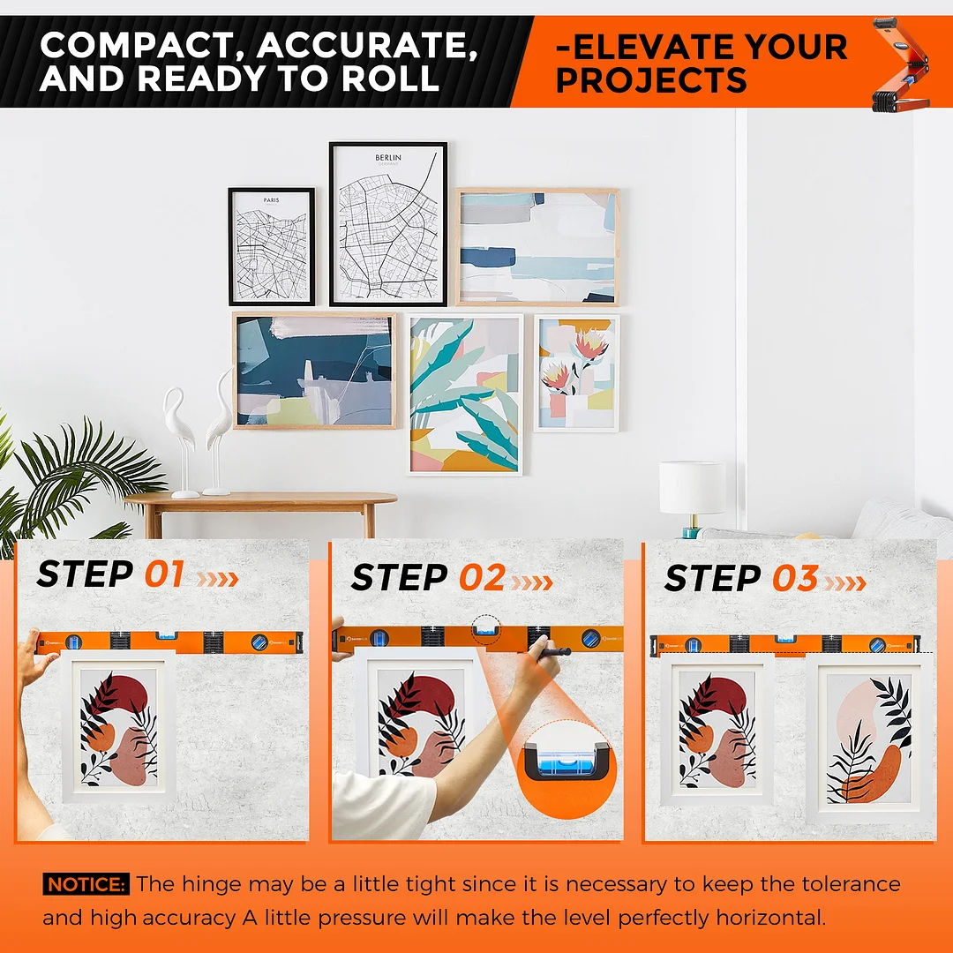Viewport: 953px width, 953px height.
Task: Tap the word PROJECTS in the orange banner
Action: [651, 80]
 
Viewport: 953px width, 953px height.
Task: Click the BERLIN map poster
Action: [388, 223]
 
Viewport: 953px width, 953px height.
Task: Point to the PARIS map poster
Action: [272, 246]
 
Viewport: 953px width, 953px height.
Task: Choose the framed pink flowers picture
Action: [577, 373]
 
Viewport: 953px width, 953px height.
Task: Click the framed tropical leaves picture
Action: [465, 394]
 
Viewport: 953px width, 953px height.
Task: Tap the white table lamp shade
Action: [693, 487]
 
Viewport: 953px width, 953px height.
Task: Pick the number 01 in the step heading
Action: [164, 574]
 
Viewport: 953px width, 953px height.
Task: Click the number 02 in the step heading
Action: [482, 577]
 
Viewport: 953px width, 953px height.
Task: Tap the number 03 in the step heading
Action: [796, 578]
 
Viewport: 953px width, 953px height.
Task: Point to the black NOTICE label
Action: [86, 883]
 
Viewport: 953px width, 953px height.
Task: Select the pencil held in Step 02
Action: [552, 652]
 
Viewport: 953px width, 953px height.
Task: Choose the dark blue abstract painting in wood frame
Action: [315, 371]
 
